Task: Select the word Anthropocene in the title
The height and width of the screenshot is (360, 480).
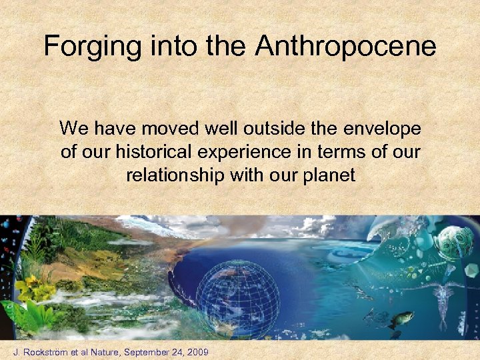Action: tap(345, 47)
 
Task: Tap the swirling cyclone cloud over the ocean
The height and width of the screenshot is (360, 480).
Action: tap(333, 254)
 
